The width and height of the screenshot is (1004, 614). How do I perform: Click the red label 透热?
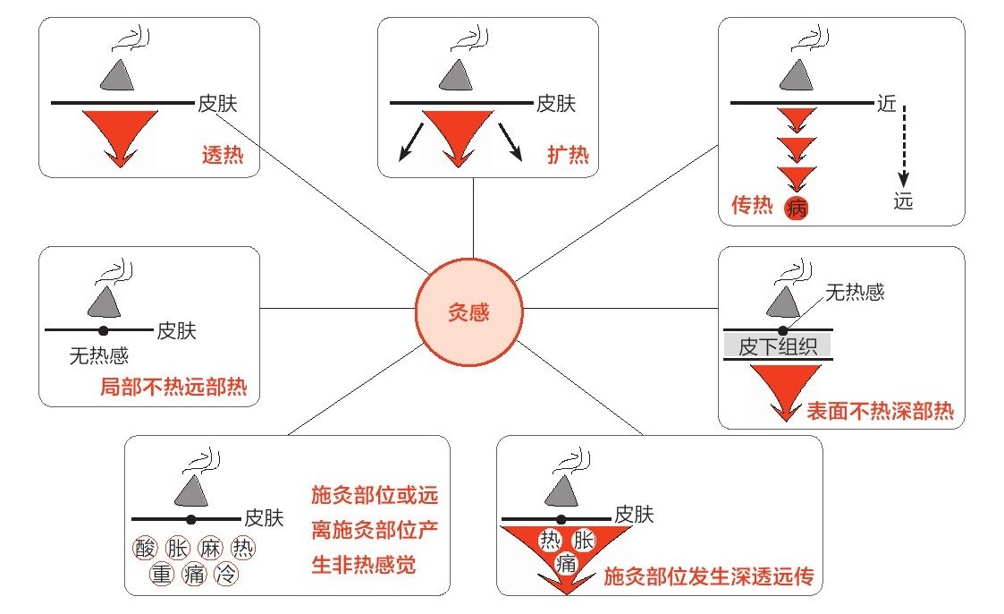pyautogui.click(x=224, y=155)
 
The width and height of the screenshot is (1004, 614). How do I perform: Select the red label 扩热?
pyautogui.click(x=568, y=155)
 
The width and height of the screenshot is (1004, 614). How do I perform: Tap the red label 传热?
pyautogui.click(x=752, y=206)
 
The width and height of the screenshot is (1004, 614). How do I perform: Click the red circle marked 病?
pyautogui.click(x=796, y=209)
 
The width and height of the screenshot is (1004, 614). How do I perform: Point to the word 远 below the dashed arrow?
pyautogui.click(x=903, y=201)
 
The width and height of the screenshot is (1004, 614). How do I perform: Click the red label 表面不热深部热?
pyautogui.click(x=880, y=412)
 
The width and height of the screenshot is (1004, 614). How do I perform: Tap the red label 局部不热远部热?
pyautogui.click(x=173, y=388)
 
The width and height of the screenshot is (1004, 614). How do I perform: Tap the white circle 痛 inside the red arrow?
pyautogui.click(x=565, y=563)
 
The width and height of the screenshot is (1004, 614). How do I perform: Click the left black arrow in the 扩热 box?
pyautogui.click(x=411, y=143)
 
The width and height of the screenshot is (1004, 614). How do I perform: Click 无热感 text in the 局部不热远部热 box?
pyautogui.click(x=99, y=356)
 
